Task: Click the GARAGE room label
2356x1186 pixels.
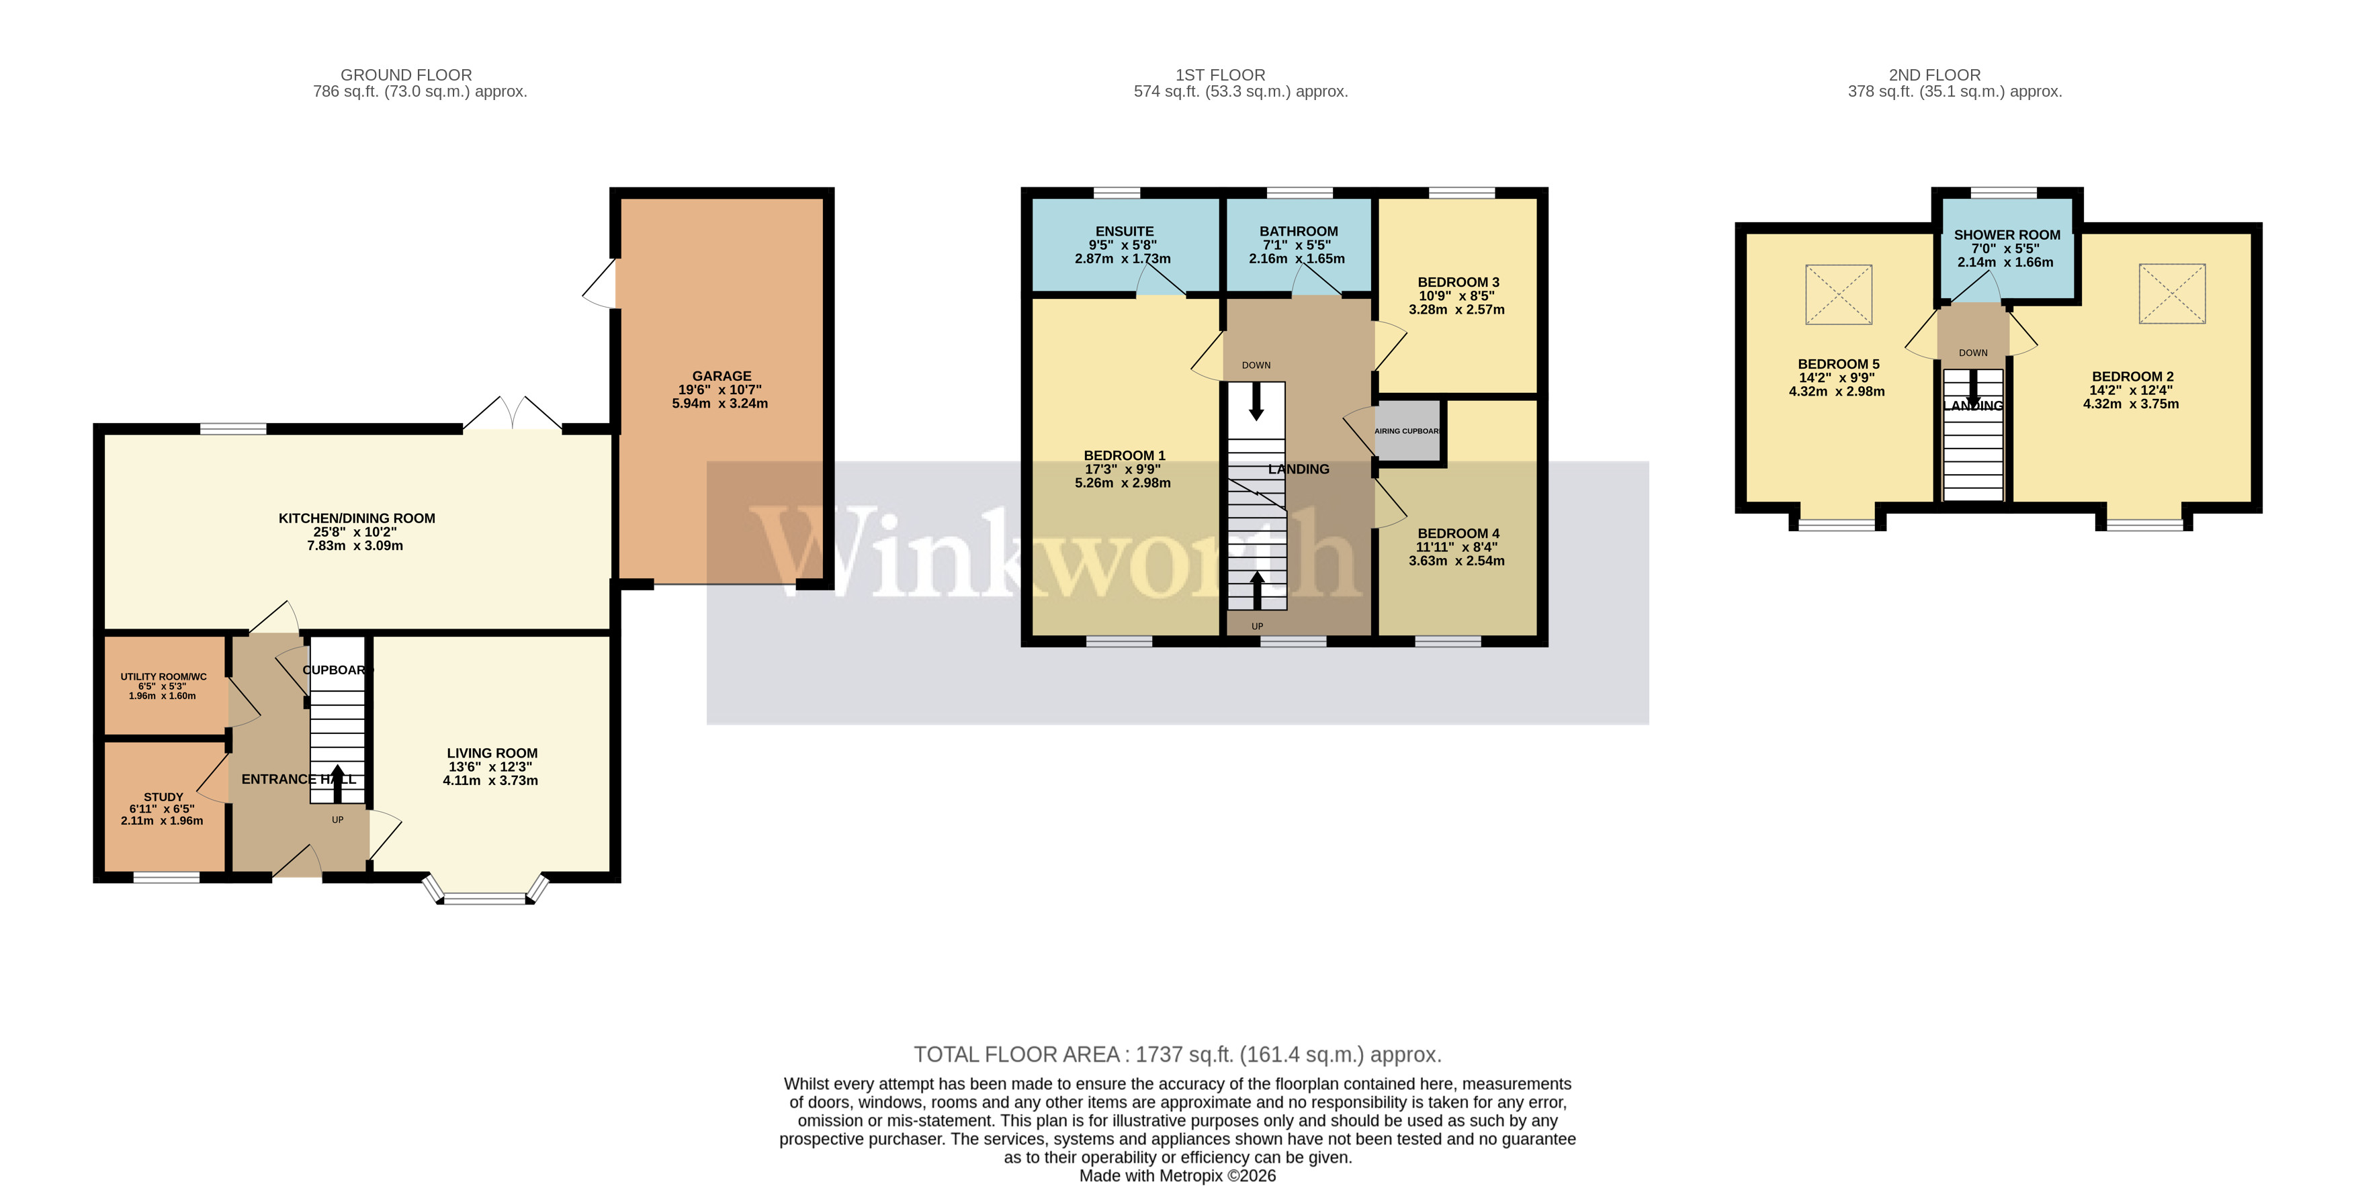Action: point(721,376)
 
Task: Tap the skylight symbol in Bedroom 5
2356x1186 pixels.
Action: point(1838,294)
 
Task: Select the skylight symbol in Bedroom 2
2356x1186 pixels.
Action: point(2171,293)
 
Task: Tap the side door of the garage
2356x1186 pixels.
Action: point(601,284)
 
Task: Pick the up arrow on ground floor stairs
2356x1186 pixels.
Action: point(337,783)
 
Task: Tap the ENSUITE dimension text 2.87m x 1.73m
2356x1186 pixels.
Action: point(1122,259)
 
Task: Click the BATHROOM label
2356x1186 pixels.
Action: point(1298,231)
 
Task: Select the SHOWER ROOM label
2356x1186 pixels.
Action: point(2007,235)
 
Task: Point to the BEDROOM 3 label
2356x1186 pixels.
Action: point(1458,281)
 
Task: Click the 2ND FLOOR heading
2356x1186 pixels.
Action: point(1934,75)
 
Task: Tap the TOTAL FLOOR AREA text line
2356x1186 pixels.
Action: point(1177,1054)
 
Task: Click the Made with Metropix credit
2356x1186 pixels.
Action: point(1177,1176)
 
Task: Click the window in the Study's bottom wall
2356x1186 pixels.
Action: point(167,878)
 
